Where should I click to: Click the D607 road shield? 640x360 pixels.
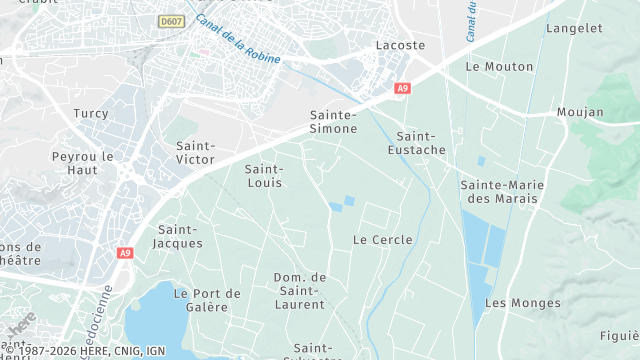click(x=171, y=20)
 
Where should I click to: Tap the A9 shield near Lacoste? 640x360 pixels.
click(x=402, y=89)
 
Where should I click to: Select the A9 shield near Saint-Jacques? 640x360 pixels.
click(x=125, y=254)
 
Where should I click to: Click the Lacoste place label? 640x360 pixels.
click(x=400, y=45)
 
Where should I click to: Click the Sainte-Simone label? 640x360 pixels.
click(x=334, y=122)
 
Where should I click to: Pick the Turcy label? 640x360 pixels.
click(x=90, y=114)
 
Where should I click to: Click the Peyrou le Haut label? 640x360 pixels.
click(x=83, y=164)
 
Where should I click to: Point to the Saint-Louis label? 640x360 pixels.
click(x=264, y=176)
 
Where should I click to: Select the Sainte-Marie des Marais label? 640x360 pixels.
click(x=499, y=192)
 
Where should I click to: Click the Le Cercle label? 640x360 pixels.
click(x=376, y=240)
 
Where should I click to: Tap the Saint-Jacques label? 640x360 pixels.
click(x=180, y=236)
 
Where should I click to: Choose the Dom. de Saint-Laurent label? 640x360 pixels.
click(x=301, y=290)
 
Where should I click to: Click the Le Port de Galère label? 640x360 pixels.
click(x=207, y=300)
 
